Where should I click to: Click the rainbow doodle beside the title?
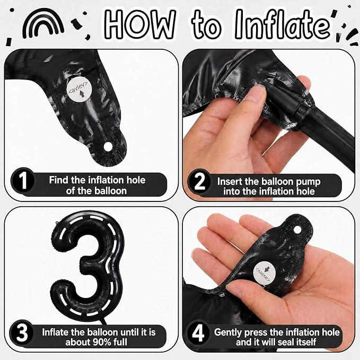(x=43, y=17)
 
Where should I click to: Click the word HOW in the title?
(x=141, y=24)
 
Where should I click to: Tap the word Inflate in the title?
(x=283, y=24)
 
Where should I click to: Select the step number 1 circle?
(x=22, y=181)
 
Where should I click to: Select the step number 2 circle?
(x=199, y=182)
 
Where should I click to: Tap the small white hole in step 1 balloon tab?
(x=108, y=146)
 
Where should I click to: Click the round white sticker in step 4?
(x=262, y=273)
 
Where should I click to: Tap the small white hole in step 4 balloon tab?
(x=297, y=230)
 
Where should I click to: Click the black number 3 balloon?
(x=87, y=264)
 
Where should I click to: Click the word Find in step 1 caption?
(x=59, y=180)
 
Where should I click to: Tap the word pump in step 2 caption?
(x=308, y=182)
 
